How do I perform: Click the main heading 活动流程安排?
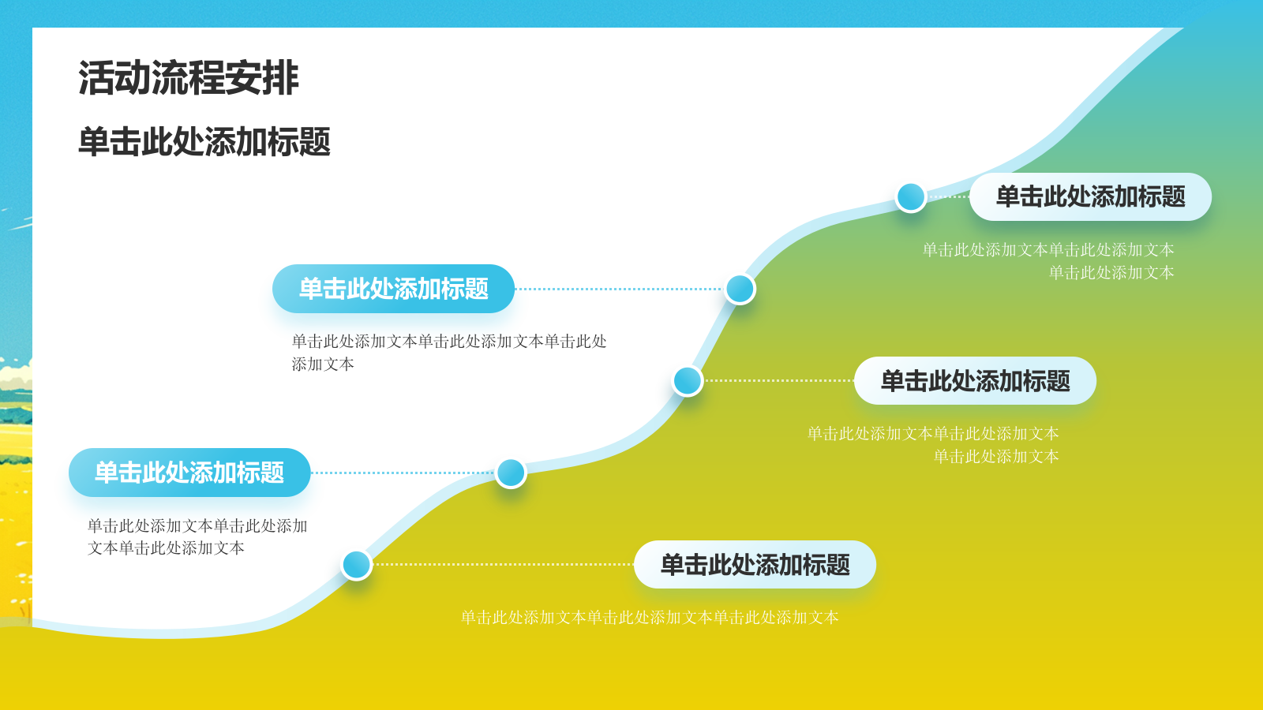[x=189, y=78]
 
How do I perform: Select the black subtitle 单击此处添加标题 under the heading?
[x=204, y=142]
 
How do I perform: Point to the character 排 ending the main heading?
[x=281, y=78]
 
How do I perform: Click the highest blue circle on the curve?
[x=911, y=196]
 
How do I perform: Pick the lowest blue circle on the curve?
[x=357, y=565]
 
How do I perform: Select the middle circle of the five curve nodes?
[x=688, y=381]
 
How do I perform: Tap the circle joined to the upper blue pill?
[x=740, y=289]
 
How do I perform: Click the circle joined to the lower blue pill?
[x=511, y=473]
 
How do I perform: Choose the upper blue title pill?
[x=393, y=289]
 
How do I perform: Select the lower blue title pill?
[x=189, y=473]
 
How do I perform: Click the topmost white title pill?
[x=1090, y=196]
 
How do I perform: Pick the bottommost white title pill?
[x=755, y=565]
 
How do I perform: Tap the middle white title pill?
[x=975, y=381]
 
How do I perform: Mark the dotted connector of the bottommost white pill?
[x=503, y=565]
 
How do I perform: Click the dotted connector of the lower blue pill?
[x=403, y=473]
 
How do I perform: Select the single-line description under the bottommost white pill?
[x=650, y=617]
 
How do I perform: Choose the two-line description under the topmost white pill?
[x=1048, y=261]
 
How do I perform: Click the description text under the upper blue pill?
[x=449, y=353]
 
